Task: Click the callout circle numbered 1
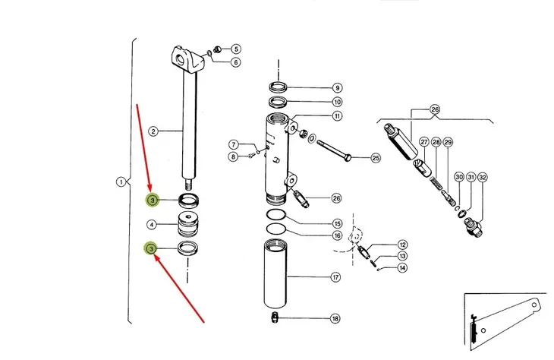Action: click(x=121, y=182)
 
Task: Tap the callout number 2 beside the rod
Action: click(x=153, y=131)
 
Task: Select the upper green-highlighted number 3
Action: click(x=153, y=201)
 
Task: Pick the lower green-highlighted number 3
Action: click(x=151, y=248)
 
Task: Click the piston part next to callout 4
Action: click(x=188, y=224)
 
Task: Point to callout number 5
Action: click(x=236, y=49)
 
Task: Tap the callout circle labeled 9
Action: click(x=337, y=87)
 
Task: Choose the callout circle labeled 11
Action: click(x=337, y=115)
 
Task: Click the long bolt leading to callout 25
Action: click(x=334, y=150)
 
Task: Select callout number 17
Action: click(x=335, y=277)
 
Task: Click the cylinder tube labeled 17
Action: click(x=275, y=273)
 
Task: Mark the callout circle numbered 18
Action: click(x=335, y=318)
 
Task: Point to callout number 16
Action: click(x=337, y=235)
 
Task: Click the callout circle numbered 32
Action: click(x=483, y=178)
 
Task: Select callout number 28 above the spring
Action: click(x=436, y=142)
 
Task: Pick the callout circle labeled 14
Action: click(x=402, y=267)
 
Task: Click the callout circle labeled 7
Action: click(x=233, y=144)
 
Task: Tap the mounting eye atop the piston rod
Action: click(x=187, y=59)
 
